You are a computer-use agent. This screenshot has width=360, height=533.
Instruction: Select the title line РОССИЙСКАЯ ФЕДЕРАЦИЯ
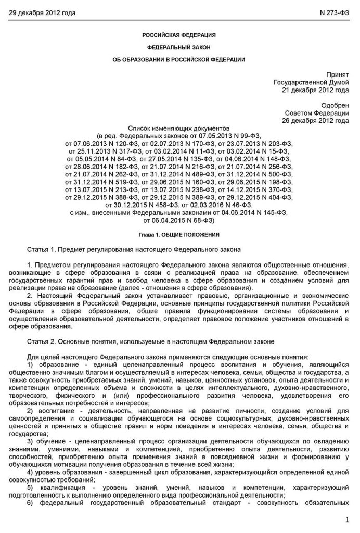pyautogui.click(x=179, y=35)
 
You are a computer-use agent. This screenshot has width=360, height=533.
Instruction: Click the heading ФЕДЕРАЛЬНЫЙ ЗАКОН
pyautogui.click(x=179, y=47)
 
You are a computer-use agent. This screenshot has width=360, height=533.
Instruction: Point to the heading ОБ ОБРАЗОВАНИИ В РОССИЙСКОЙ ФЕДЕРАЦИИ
pyautogui.click(x=179, y=60)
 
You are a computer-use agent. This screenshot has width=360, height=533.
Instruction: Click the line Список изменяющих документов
pyautogui.click(x=179, y=128)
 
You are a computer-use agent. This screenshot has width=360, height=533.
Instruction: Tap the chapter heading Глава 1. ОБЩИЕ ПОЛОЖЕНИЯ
pyautogui.click(x=179, y=235)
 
